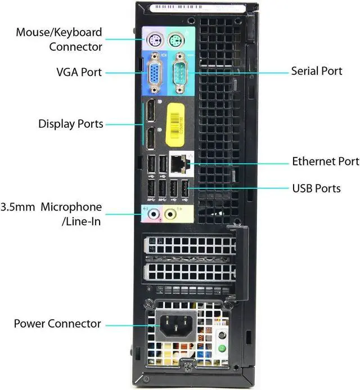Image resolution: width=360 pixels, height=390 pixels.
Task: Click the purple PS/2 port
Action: tap(154, 40)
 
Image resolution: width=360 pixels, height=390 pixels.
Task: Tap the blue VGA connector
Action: tap(155, 73)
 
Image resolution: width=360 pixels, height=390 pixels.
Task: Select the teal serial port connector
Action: tap(181, 73)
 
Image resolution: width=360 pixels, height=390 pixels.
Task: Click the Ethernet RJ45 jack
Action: tap(179, 164)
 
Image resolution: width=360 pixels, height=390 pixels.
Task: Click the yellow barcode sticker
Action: tap(175, 125)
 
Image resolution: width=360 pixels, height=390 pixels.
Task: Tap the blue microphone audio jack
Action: tap(154, 214)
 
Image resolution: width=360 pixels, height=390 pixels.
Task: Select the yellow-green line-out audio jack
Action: tap(170, 214)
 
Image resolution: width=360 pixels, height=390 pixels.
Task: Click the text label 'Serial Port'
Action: tap(317, 71)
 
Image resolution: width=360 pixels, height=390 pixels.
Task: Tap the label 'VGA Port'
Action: tap(79, 72)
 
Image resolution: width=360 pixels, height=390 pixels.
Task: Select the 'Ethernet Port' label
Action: tap(326, 162)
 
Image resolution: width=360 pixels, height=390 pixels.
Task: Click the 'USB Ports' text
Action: tap(316, 189)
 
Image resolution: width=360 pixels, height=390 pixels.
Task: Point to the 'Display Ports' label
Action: tap(71, 124)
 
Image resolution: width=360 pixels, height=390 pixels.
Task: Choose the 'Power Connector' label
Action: tap(57, 324)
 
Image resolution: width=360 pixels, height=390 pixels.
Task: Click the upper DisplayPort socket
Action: tap(151, 111)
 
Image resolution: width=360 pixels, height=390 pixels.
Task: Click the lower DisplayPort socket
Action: tap(151, 138)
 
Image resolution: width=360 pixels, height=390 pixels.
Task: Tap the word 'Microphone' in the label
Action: tap(71, 207)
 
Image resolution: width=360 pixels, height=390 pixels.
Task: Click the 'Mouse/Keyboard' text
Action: tap(59, 33)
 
